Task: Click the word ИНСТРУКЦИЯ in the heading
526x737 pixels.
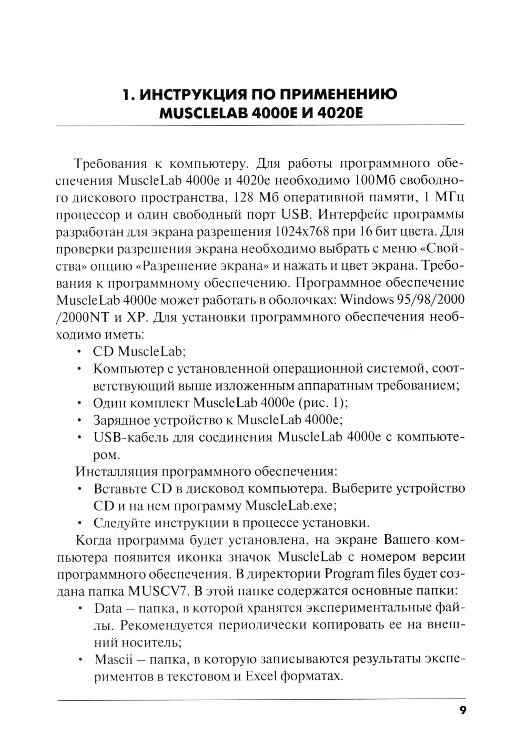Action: point(186,96)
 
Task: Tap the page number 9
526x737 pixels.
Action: point(462,710)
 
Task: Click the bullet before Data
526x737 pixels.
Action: point(79,608)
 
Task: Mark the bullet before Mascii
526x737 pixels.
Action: point(79,659)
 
